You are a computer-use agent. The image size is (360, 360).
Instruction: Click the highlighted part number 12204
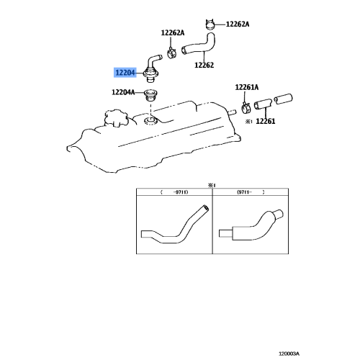[123, 73]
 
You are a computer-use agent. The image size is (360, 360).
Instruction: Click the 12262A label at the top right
[237, 24]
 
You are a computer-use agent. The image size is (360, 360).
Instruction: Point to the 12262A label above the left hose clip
[172, 33]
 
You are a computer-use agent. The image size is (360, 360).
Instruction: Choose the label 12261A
[246, 87]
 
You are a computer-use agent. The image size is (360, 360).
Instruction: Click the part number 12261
[266, 122]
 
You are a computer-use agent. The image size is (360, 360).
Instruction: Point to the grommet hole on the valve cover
[150, 118]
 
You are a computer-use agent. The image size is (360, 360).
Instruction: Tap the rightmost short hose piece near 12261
[282, 97]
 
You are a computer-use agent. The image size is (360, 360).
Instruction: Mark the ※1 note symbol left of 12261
[247, 122]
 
